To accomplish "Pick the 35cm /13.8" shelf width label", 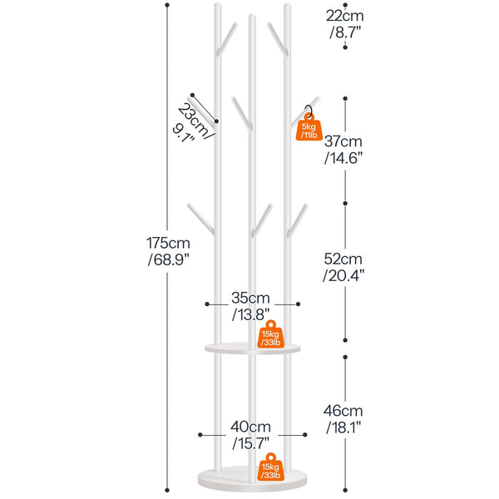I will click(x=249, y=305).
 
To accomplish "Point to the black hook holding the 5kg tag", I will click(x=310, y=109).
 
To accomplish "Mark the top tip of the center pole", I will click(x=251, y=16).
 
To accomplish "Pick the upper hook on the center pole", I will click(x=240, y=109).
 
